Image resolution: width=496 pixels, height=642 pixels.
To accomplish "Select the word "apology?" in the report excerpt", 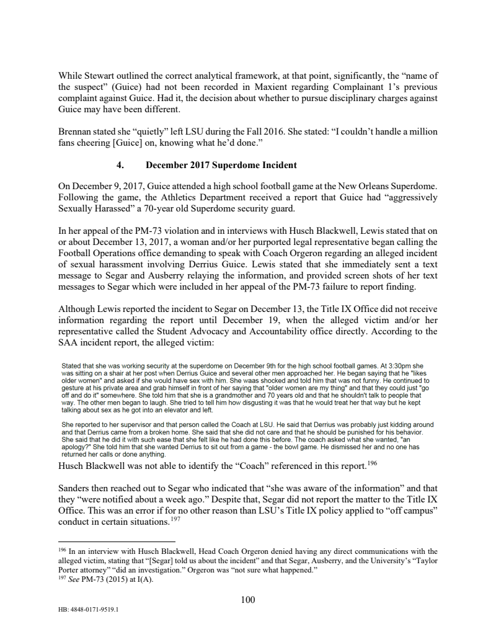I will [x=76, y=447].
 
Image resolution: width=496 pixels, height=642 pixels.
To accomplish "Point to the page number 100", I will [x=247, y=599].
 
